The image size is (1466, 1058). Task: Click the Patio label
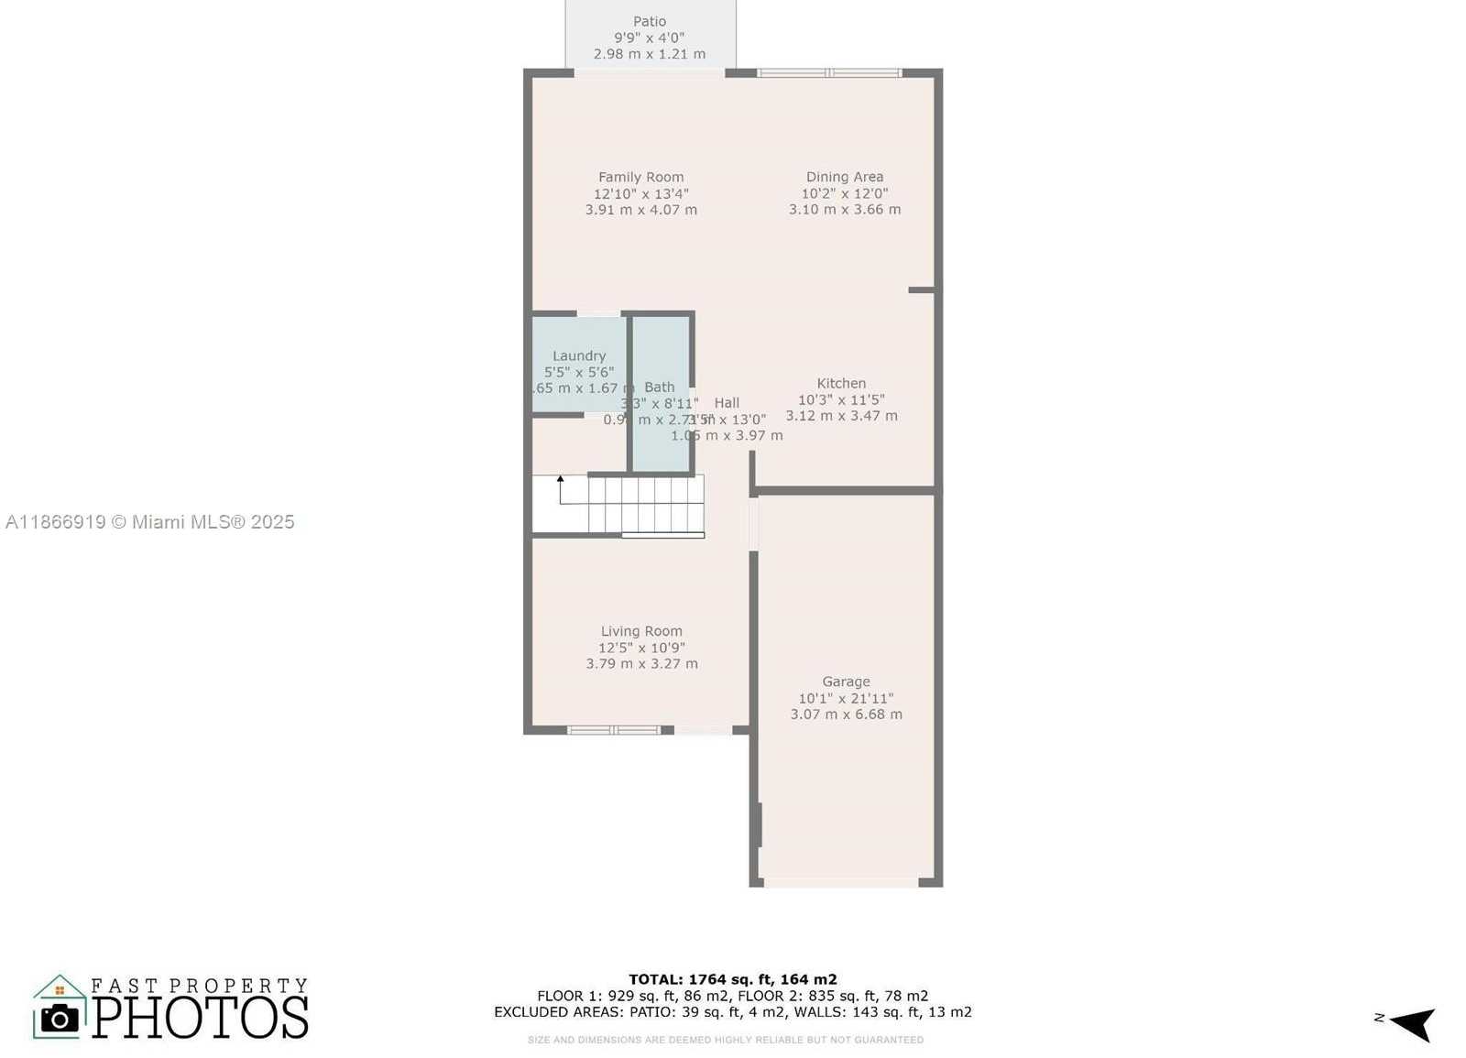click(650, 21)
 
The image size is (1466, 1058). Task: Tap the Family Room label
click(640, 177)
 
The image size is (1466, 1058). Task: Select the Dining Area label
click(844, 177)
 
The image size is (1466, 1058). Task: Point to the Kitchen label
click(841, 383)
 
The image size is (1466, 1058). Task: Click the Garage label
click(846, 682)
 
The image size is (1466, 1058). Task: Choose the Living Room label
click(641, 630)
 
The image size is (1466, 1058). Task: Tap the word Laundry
click(579, 355)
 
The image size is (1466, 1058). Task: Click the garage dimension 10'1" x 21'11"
click(846, 698)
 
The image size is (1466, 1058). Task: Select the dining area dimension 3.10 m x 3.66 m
click(844, 210)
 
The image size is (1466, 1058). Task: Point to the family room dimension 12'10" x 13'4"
click(640, 193)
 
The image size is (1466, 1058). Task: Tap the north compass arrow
click(1413, 1023)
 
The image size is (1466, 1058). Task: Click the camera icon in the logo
click(60, 1018)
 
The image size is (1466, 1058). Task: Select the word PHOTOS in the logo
click(200, 1017)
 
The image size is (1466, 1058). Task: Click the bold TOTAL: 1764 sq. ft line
click(732, 979)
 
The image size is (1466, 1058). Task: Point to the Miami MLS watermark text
click(149, 522)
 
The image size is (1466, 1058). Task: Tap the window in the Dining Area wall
click(829, 72)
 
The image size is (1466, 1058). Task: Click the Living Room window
click(613, 730)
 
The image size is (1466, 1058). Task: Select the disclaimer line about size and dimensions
click(725, 1040)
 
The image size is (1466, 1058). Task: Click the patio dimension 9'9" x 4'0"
click(650, 38)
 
